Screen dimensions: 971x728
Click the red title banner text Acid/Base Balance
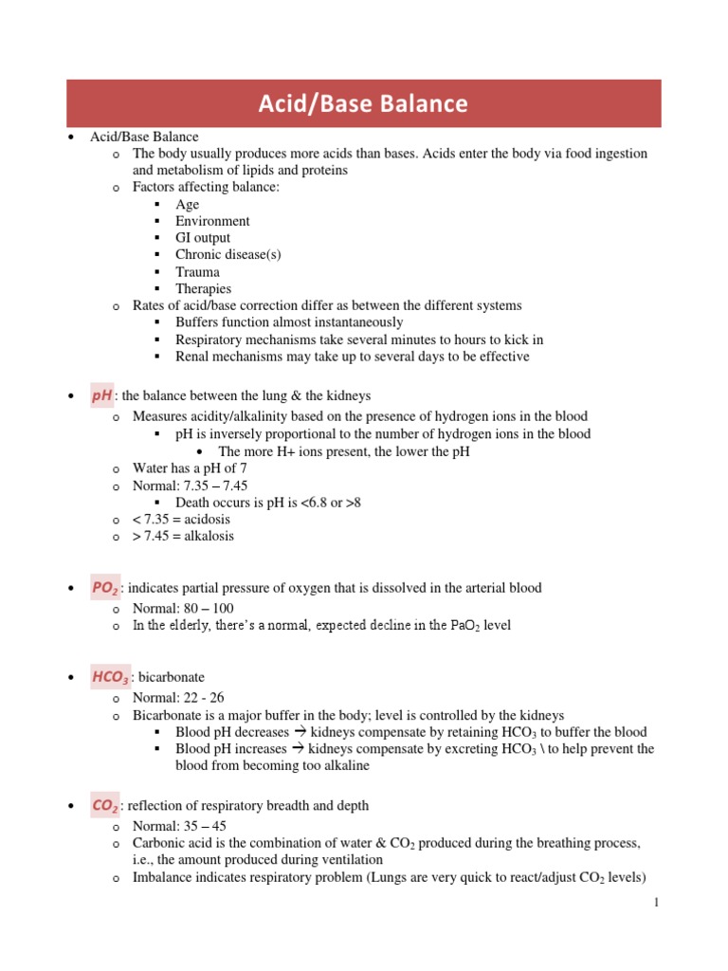[x=363, y=103]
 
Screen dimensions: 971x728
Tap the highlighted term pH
[x=101, y=396]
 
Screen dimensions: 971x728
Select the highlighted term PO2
[x=104, y=589]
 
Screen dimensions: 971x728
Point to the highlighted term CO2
[x=104, y=806]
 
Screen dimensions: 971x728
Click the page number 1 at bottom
[x=655, y=903]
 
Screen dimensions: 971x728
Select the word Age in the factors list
[x=187, y=204]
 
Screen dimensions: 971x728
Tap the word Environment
[x=212, y=221]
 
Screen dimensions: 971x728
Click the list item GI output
[x=202, y=238]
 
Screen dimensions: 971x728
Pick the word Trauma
[x=197, y=272]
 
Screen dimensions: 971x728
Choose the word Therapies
[x=203, y=289]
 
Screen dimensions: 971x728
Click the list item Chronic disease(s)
[x=227, y=255]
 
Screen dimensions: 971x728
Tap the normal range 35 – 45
[x=201, y=826]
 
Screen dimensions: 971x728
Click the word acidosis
[x=204, y=520]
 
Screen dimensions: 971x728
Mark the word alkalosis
[x=206, y=537]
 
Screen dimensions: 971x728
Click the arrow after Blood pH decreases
[x=297, y=732]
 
